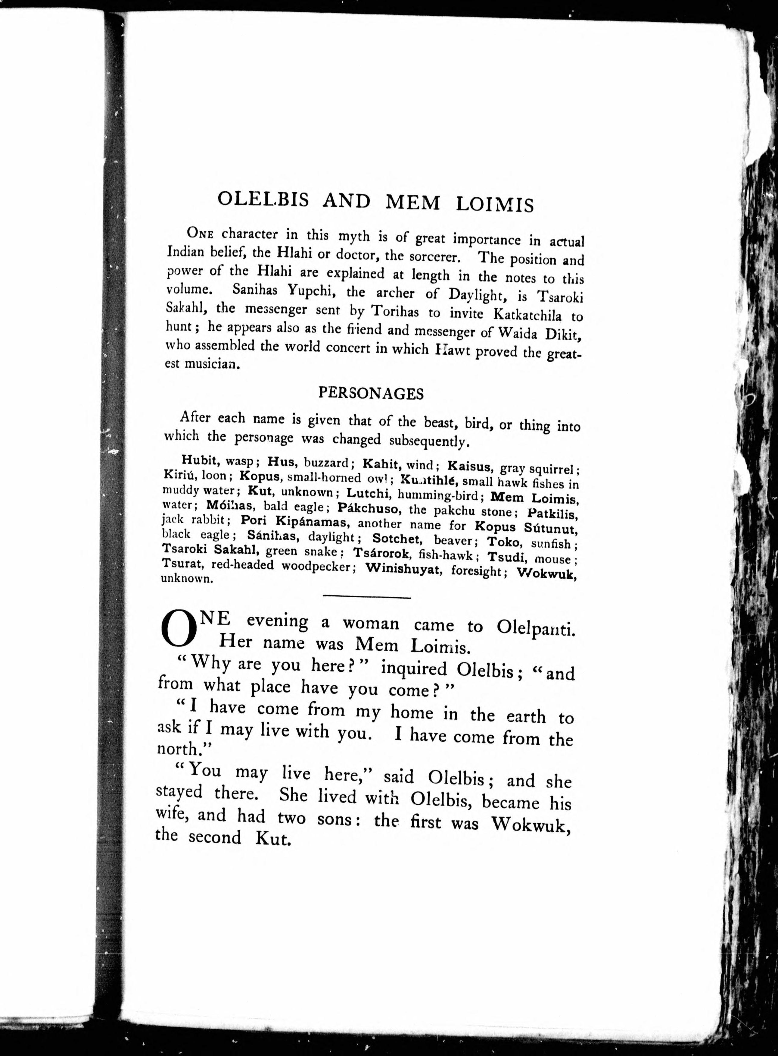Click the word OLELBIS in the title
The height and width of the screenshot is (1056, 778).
[263, 200]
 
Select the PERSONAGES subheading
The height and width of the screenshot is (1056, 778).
[371, 393]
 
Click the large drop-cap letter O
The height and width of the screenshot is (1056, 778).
[178, 630]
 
